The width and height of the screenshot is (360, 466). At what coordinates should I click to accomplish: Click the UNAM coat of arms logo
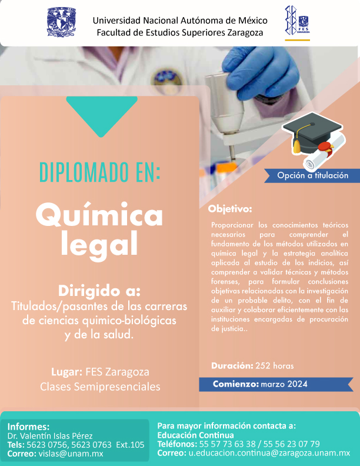(62, 22)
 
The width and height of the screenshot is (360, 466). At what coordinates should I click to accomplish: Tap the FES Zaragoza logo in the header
(297, 21)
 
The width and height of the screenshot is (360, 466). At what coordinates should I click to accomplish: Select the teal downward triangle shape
(102, 114)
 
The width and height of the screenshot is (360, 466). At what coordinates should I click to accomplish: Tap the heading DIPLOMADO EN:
(100, 172)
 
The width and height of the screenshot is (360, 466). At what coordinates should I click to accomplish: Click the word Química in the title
(99, 214)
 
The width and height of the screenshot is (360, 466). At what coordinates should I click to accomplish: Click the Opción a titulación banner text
(312, 175)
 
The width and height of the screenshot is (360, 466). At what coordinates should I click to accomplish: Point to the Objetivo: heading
(230, 209)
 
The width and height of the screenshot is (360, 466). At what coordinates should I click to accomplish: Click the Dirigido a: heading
(99, 291)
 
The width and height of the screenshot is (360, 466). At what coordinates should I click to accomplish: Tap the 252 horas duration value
(275, 365)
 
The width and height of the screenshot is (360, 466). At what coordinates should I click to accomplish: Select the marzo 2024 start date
(284, 384)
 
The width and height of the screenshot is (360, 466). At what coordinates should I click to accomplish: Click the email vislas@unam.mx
(71, 454)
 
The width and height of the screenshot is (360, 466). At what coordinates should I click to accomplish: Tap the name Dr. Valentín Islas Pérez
(50, 436)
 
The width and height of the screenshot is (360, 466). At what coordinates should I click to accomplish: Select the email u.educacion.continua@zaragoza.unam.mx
(269, 453)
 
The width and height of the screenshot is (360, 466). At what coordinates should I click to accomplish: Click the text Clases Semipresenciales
(100, 387)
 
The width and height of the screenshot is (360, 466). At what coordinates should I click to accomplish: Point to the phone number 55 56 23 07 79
(291, 444)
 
